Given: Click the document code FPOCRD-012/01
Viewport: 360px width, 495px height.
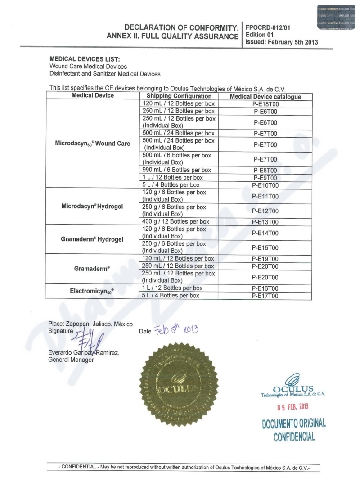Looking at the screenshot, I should pos(268,27).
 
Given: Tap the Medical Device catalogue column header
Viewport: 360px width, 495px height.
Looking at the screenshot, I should pos(265,97).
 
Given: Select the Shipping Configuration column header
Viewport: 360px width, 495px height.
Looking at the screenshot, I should pos(179,96).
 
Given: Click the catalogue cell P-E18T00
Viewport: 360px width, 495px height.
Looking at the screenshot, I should pos(265,103).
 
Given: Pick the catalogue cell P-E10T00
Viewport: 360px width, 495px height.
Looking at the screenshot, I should pos(265,185).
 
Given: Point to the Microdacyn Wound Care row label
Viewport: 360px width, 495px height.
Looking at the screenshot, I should pos(92,144).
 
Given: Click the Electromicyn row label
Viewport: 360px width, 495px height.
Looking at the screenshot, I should pos(92,292).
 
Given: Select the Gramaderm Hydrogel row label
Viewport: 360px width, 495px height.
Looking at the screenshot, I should pos(92,239).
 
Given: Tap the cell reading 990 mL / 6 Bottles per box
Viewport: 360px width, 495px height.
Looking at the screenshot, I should pos(176,170).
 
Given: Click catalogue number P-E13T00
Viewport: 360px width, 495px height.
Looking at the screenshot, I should pos(265,222).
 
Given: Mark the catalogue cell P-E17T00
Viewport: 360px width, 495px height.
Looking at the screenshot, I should pos(265,296).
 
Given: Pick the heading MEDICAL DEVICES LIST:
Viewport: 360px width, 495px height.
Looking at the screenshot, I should pos(85,59).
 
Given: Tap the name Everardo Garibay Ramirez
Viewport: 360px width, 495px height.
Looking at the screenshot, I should pos(83,353).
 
